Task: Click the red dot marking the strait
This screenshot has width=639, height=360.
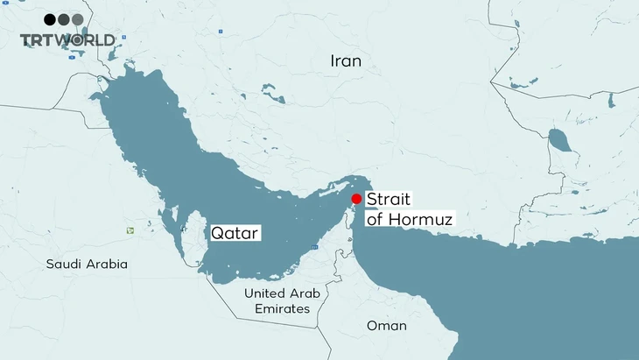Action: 356,199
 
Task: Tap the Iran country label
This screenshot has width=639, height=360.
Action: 346,60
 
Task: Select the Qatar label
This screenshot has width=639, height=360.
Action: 235,234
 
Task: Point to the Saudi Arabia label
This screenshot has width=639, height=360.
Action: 88,264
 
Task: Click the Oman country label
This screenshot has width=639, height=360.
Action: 387,326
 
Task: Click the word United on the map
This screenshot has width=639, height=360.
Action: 265,293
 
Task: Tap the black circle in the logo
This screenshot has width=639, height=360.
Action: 50,19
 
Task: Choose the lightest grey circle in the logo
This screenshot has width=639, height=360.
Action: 77,19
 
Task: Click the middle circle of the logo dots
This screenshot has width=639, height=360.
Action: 64,19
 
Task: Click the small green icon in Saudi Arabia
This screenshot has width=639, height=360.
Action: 130,230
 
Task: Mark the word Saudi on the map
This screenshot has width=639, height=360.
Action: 66,264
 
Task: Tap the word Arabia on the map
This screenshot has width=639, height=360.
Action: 108,264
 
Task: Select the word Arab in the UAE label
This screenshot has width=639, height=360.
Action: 305,293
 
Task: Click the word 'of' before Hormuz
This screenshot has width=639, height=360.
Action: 374,220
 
